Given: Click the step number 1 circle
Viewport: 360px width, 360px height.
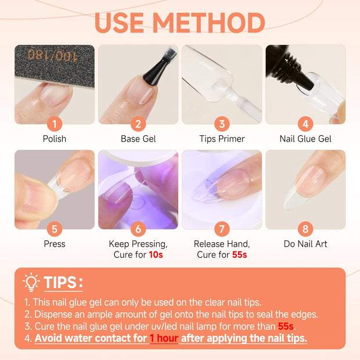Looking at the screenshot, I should [55, 124].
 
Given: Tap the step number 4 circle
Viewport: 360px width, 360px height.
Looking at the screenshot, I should [305, 124].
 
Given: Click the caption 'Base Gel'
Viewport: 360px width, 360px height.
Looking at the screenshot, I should [138, 139].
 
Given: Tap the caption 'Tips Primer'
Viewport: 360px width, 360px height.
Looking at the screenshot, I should [222, 139].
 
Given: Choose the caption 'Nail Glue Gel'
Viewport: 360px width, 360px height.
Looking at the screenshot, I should [305, 139].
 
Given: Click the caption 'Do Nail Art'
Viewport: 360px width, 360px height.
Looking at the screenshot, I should [305, 244].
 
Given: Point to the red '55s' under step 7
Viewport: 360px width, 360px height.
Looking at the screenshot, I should [240, 255].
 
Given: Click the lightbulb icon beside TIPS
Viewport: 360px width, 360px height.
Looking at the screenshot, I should [31, 282].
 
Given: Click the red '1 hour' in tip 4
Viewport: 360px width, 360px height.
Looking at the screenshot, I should [164, 338].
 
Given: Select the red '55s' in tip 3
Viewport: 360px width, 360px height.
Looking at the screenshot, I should [285, 326].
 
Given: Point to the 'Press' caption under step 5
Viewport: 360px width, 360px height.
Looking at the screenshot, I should [55, 244].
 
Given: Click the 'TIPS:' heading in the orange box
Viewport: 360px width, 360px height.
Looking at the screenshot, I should [63, 283].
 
